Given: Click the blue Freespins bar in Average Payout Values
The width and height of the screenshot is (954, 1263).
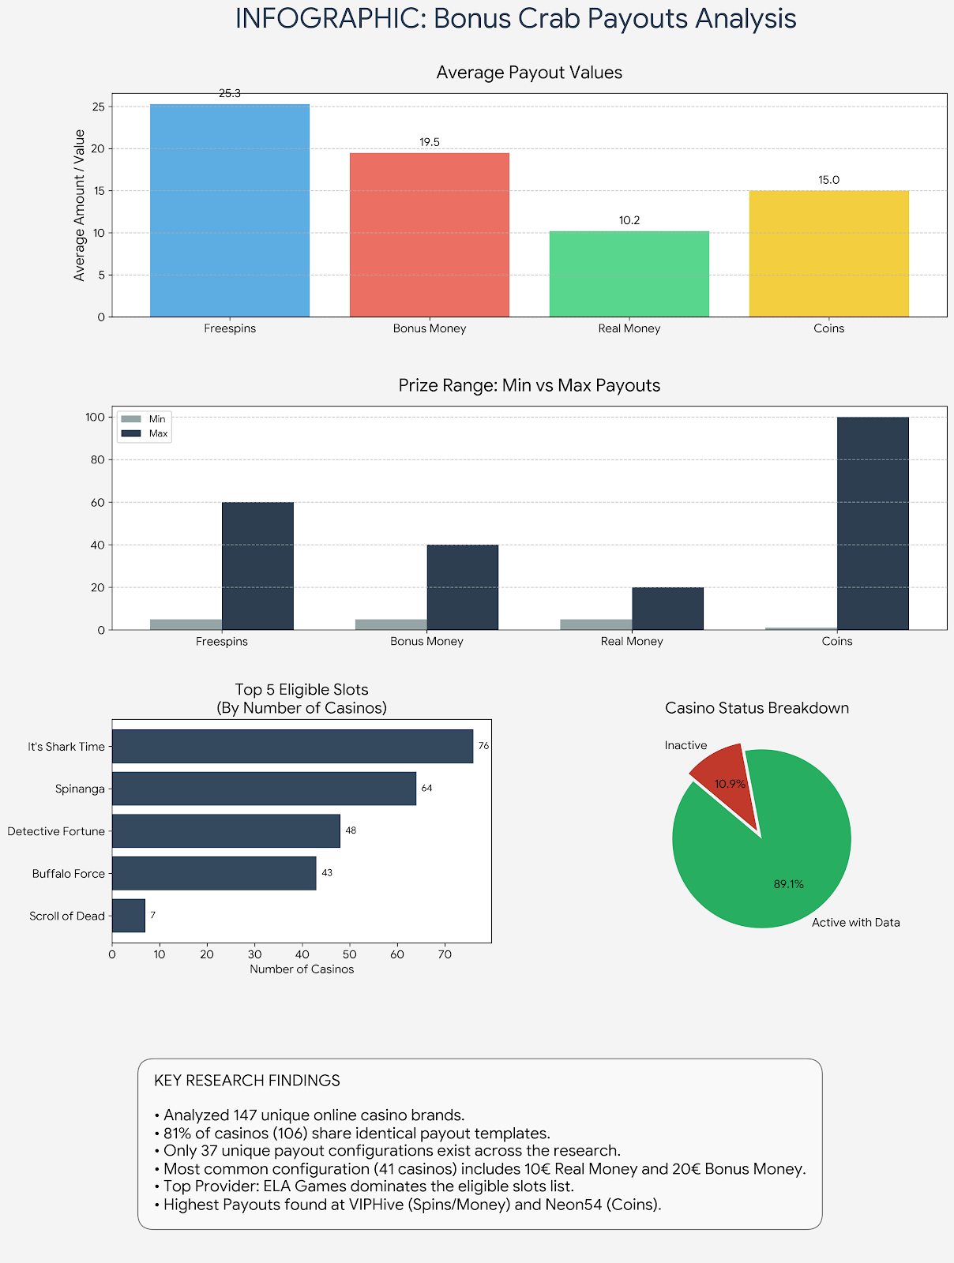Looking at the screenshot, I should pyautogui.click(x=230, y=211).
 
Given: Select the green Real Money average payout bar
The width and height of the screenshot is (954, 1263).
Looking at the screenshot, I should pyautogui.click(x=629, y=274).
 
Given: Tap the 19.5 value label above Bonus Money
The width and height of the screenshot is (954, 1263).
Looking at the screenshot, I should pyautogui.click(x=430, y=143).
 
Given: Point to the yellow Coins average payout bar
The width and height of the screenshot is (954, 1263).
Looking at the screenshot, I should pyautogui.click(x=828, y=253).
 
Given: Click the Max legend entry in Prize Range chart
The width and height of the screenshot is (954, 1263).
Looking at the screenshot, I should pyautogui.click(x=158, y=433).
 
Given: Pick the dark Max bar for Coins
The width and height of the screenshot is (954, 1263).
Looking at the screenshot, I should pyautogui.click(x=873, y=523).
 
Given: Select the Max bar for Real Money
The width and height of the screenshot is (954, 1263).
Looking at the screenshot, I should pyautogui.click(x=667, y=609).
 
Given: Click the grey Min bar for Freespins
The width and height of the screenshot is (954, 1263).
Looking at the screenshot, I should pyautogui.click(x=186, y=624).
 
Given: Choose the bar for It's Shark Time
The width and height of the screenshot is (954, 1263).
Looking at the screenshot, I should pyautogui.click(x=292, y=746).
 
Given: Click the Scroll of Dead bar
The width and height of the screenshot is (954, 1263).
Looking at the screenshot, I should pyautogui.click(x=129, y=916).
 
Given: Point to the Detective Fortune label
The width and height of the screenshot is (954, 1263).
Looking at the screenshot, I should pyautogui.click(x=56, y=831).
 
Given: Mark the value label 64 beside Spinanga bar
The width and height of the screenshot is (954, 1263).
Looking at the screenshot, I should pyautogui.click(x=427, y=789).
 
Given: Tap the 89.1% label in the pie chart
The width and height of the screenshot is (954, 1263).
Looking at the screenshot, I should pyautogui.click(x=788, y=885).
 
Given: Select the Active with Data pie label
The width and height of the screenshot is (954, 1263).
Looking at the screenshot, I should pyautogui.click(x=855, y=923).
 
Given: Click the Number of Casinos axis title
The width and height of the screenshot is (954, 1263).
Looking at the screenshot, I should pyautogui.click(x=302, y=969).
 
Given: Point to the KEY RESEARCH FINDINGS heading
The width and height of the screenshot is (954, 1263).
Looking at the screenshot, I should pyautogui.click(x=247, y=1081).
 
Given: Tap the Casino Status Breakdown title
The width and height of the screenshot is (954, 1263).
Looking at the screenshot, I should pyautogui.click(x=757, y=708).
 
